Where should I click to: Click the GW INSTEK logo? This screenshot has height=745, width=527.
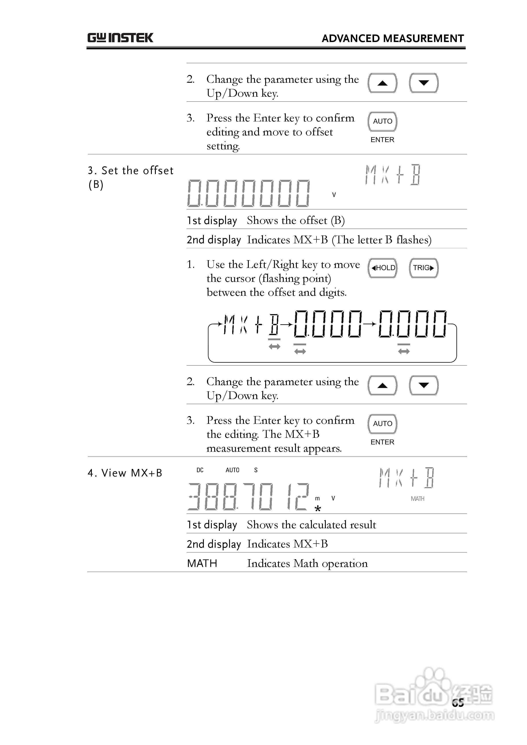tap(120, 38)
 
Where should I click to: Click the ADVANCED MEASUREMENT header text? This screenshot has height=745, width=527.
tap(393, 39)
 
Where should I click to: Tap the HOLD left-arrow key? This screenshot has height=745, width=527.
tap(382, 268)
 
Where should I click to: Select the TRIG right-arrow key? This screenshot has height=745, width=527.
tap(423, 268)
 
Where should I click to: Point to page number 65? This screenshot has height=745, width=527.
tap(458, 703)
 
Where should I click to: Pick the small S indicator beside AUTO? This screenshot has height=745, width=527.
tap(256, 470)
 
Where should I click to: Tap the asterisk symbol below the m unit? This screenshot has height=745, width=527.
tap(318, 509)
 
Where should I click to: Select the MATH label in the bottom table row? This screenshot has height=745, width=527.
tap(202, 563)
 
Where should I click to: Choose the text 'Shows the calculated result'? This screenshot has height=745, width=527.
tap(311, 525)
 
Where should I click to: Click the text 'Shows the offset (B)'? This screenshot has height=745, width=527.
tap(295, 220)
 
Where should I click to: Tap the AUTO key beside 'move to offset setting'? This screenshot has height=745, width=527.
tap(382, 121)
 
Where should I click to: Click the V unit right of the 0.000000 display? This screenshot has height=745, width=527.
tap(334, 195)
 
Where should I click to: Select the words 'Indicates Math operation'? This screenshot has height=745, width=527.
tap(307, 563)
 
